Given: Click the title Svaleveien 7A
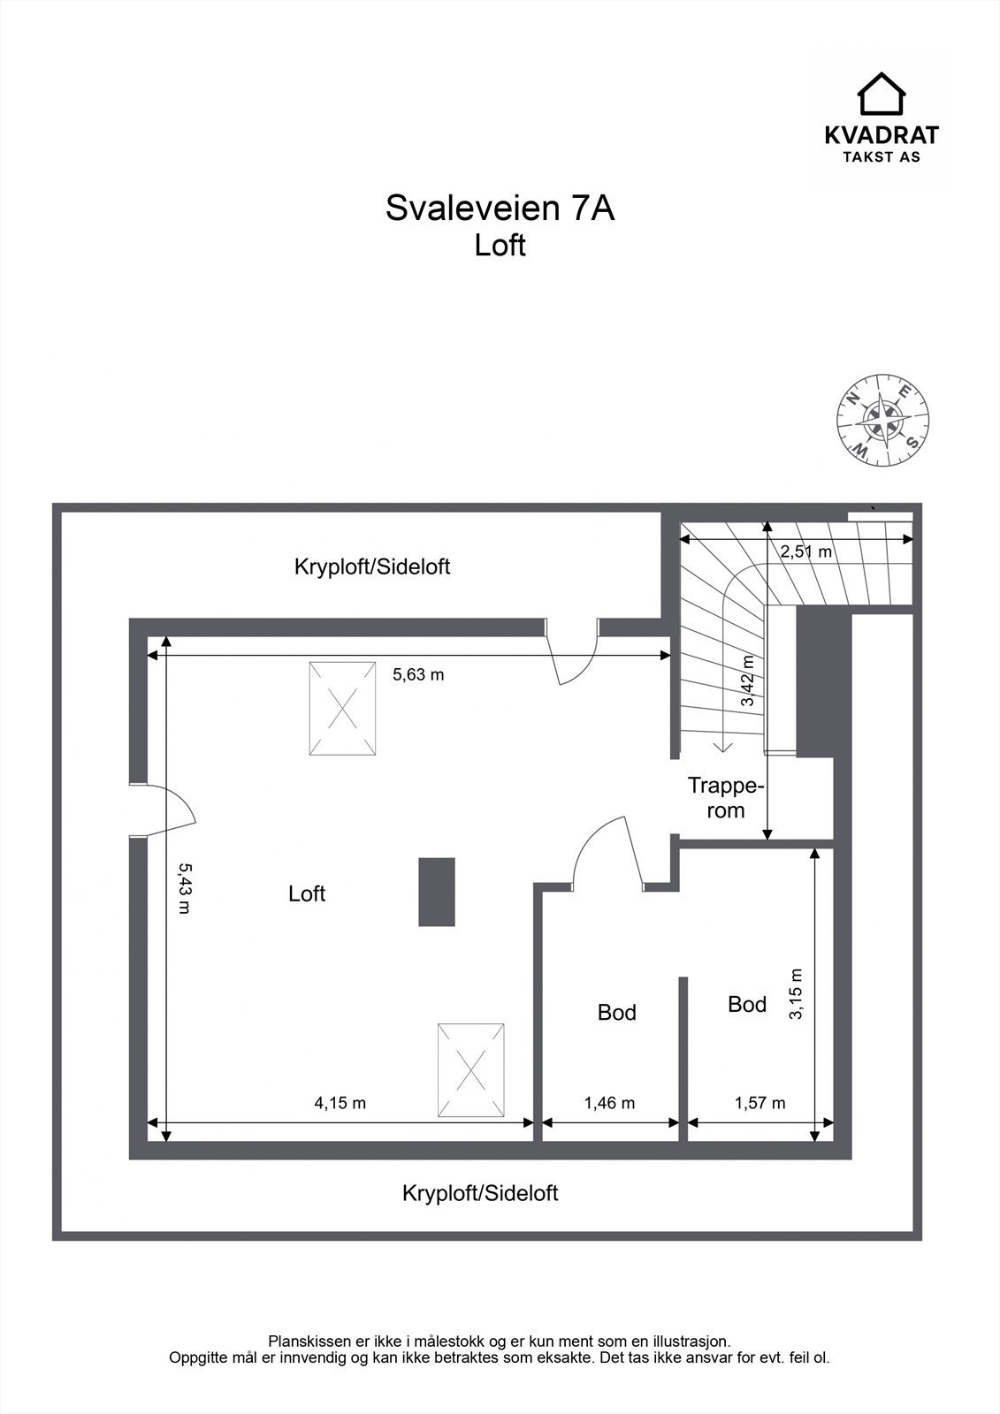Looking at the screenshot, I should coord(500,209).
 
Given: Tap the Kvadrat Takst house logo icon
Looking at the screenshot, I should coord(882,94).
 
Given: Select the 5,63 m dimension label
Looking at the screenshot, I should coord(418,674).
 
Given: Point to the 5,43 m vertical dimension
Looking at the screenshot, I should coord(184,887).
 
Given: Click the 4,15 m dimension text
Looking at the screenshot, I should coord(340,1103).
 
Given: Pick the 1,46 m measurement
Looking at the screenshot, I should coord(609,1103).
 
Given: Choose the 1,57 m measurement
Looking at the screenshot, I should coord(760,1103).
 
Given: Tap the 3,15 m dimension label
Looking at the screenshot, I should coord(797,995).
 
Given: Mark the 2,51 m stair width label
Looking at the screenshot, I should coord(805,551).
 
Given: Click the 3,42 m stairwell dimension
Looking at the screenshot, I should coord(748,680).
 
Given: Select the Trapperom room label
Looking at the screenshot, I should coord(726,797).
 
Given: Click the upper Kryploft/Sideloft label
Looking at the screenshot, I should coord(372,566).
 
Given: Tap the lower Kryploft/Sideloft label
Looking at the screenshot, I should coord(480,1193).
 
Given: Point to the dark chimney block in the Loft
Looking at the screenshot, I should coord(437,892).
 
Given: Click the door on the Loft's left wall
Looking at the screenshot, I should coord(159,809).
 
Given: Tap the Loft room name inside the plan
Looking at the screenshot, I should coord(307,893).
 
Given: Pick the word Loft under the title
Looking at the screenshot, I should coord(500,245).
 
